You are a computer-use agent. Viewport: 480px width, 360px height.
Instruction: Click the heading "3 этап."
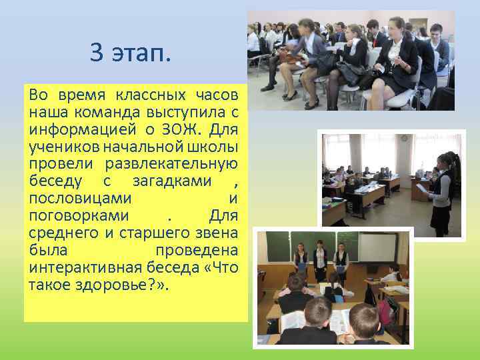131,53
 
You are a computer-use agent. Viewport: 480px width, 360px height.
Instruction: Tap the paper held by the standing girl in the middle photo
422,189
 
